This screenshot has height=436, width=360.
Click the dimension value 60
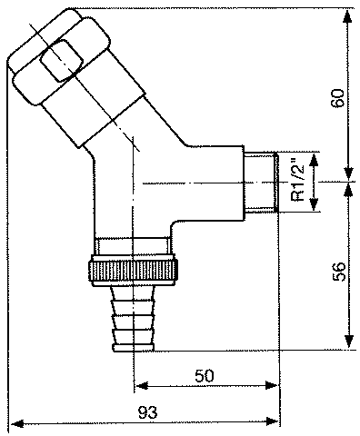point(337,98)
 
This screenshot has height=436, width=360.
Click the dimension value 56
point(339,272)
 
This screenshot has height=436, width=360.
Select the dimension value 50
point(205,376)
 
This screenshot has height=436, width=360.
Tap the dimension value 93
point(148,412)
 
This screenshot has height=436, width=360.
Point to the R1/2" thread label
point(297,182)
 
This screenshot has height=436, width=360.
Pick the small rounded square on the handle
point(62,61)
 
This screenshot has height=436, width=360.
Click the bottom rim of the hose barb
point(134,348)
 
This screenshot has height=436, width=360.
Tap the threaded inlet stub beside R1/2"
point(261,182)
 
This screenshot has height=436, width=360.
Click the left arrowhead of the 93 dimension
point(17,422)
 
